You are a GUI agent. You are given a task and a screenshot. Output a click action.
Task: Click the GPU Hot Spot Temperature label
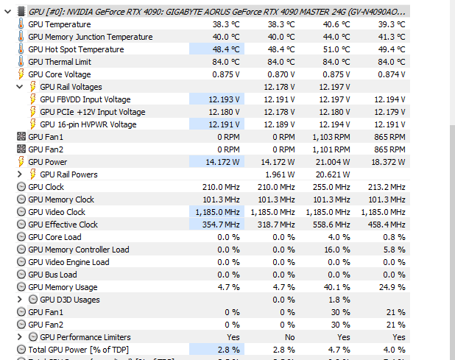(x=75, y=49)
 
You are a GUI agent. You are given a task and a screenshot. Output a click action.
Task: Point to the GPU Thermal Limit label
(x=60, y=62)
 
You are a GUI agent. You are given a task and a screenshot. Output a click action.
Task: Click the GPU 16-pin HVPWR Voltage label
(x=88, y=124)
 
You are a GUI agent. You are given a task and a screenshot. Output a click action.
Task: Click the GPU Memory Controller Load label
(x=78, y=250)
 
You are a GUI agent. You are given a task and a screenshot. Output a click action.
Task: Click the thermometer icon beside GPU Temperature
(x=21, y=24)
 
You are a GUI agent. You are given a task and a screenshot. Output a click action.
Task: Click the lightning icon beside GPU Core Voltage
(x=21, y=74)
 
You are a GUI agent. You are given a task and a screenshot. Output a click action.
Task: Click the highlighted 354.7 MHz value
(x=218, y=225)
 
